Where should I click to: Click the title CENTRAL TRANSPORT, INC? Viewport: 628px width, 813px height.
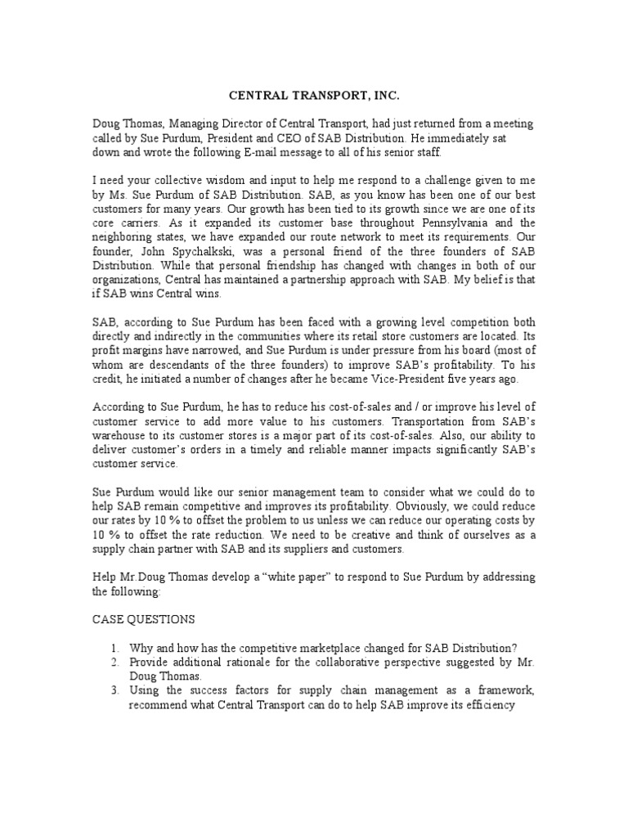point(313,96)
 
